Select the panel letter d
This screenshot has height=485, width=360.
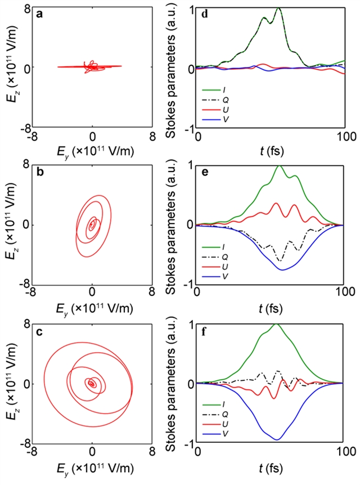pos(204,14)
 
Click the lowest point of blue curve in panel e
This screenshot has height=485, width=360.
pos(282,270)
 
